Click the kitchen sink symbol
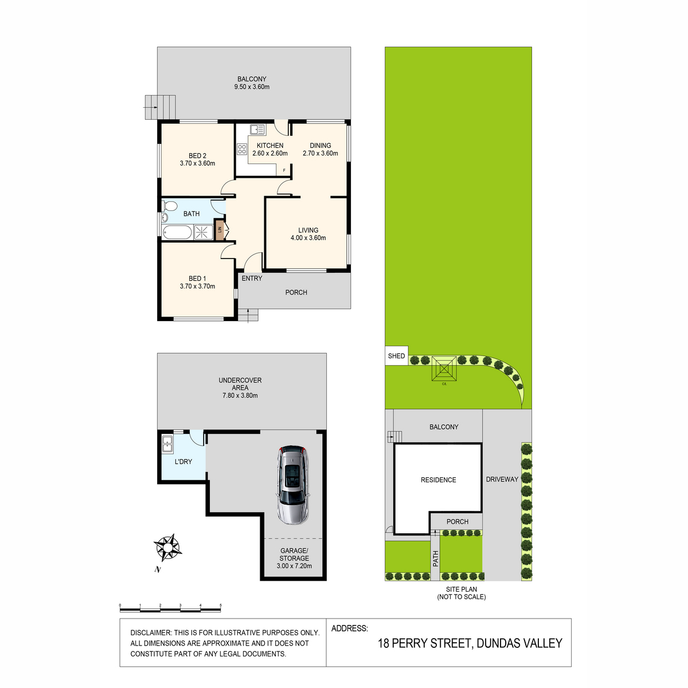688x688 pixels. [257, 129]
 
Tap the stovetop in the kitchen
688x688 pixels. [242, 149]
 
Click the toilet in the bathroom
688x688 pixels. [170, 206]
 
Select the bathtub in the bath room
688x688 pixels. [177, 232]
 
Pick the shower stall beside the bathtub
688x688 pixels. [203, 232]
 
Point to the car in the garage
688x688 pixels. [293, 484]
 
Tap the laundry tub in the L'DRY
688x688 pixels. [167, 444]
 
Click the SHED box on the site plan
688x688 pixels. [396, 355]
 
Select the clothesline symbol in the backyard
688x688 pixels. [444, 369]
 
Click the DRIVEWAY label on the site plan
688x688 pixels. [502, 479]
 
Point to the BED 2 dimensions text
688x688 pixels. [197, 163]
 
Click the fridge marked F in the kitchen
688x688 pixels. [284, 170]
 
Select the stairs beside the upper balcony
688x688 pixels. [160, 107]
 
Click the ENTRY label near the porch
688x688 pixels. [252, 279]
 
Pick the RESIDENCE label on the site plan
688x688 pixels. [438, 480]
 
